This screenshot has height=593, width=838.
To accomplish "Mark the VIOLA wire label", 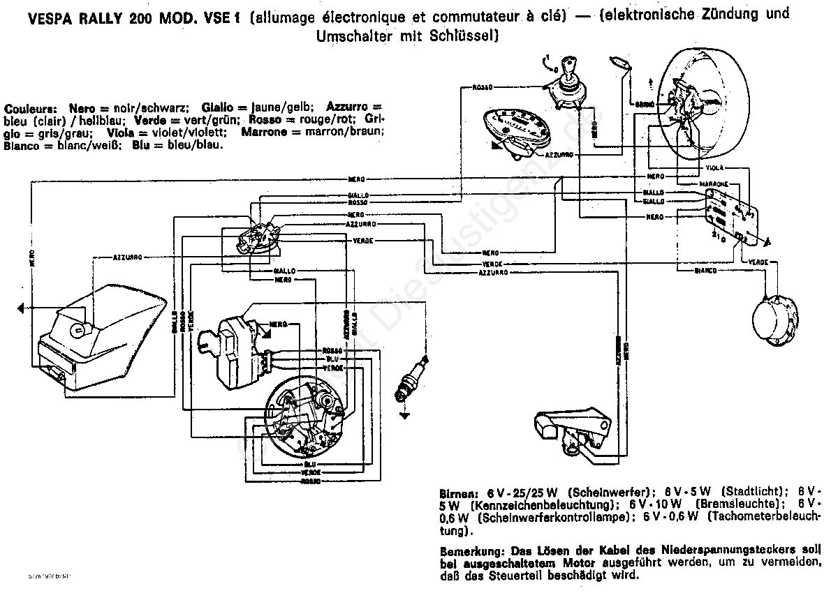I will (714, 168).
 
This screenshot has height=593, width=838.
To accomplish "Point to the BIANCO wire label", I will (705, 270).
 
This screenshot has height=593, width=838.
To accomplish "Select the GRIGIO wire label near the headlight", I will (643, 103).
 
